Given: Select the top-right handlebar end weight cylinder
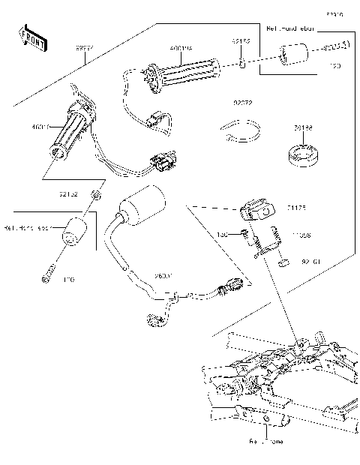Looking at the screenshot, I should tap(292, 55).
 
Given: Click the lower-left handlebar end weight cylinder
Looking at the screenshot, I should tap(74, 229).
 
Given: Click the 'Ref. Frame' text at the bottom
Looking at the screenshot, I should tap(266, 442).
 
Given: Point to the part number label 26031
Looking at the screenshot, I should tap(163, 276).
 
